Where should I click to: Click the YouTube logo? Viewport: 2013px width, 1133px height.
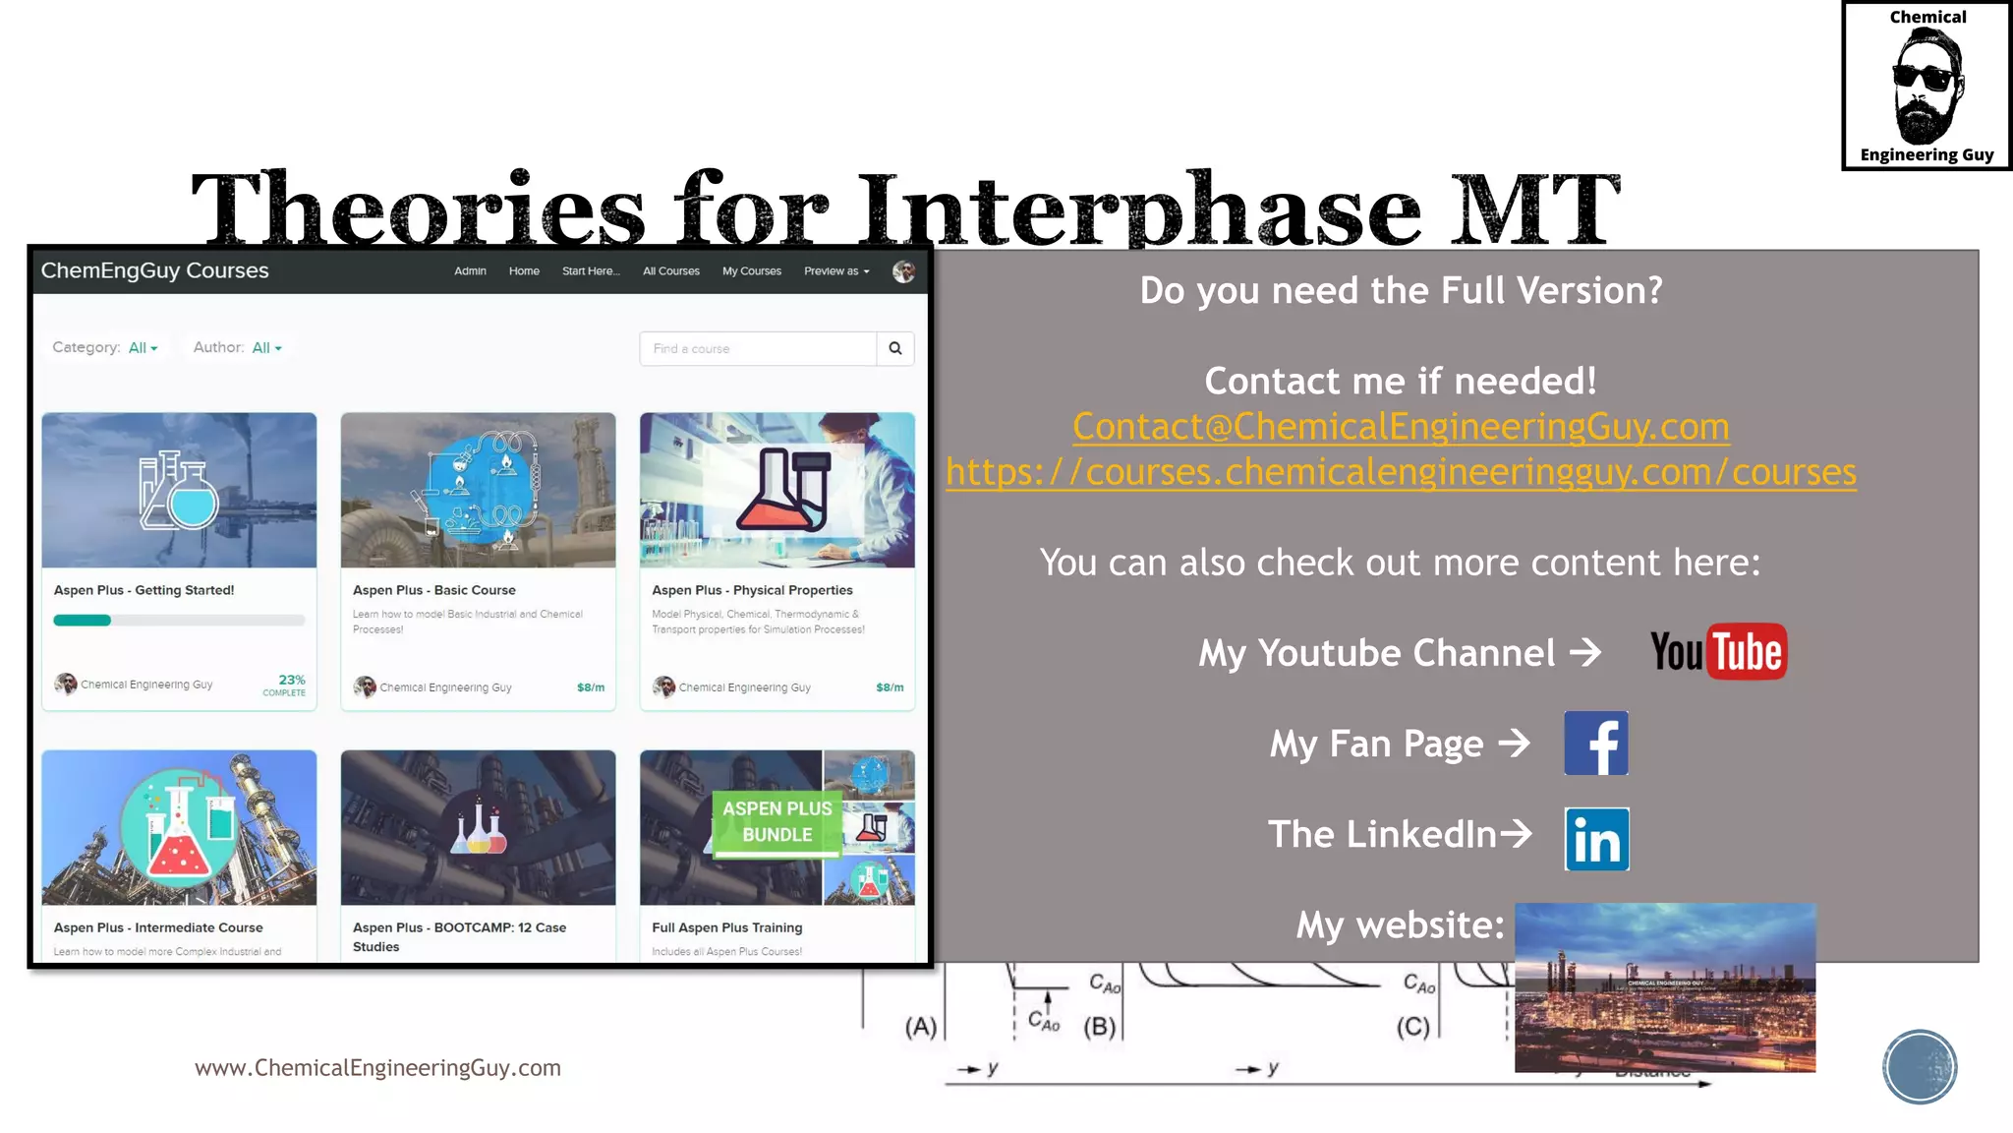pos(1717,652)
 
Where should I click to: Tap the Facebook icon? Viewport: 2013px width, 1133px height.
pos(1595,744)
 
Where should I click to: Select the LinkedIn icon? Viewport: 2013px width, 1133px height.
pos(1596,839)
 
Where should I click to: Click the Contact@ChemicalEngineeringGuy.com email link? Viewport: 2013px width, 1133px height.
pos(1401,427)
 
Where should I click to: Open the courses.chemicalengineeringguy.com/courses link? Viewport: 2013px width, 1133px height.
pos(1401,472)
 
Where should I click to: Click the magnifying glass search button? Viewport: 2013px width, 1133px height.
pos(894,348)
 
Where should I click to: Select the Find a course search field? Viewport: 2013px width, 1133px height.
pos(757,348)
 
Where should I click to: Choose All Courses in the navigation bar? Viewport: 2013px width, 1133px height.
pos(671,271)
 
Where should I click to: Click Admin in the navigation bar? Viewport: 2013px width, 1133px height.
pos(470,271)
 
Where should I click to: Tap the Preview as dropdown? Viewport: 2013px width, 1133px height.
pos(836,271)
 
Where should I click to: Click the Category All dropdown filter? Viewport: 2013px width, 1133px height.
pos(143,348)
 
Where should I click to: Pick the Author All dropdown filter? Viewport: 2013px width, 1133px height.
pos(266,348)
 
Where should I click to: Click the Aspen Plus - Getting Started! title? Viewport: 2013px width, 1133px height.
pos(144,590)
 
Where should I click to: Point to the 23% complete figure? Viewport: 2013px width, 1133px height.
pos(291,681)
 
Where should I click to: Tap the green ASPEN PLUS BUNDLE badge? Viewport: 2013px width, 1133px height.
pos(776,822)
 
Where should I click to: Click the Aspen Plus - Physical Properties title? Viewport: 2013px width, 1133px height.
pos(752,590)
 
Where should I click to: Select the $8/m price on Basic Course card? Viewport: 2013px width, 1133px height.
pos(590,687)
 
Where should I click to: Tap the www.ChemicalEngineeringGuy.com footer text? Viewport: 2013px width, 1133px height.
pos(377,1068)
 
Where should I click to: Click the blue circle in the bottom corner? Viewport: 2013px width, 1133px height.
pos(1919,1067)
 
